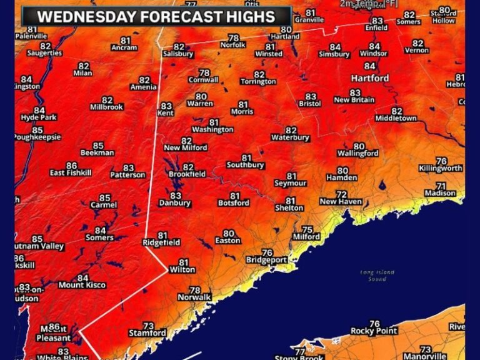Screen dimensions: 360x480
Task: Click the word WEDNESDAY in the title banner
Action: tap(86, 17)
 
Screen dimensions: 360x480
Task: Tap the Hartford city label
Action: tap(369, 78)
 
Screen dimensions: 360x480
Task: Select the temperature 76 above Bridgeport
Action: tap(267, 252)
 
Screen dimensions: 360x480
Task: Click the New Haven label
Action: tap(341, 202)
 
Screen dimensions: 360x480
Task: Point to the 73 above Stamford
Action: tap(148, 326)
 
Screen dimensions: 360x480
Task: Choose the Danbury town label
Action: tap(175, 203)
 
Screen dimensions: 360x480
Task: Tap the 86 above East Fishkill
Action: tap(71, 166)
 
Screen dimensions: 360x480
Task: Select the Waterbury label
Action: tap(291, 137)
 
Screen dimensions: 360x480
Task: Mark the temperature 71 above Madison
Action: tap(441, 186)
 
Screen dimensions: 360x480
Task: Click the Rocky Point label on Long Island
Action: tap(374, 331)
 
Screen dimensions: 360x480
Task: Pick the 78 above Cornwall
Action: tap(204, 72)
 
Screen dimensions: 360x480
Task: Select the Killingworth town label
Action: tap(441, 169)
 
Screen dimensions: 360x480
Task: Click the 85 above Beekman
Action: tap(97, 146)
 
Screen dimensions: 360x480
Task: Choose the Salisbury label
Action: tap(179, 54)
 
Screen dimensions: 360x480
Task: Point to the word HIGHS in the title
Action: tap(246, 17)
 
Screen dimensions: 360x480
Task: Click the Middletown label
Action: tap(396, 118)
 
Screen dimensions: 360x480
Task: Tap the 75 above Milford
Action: tap(307, 229)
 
